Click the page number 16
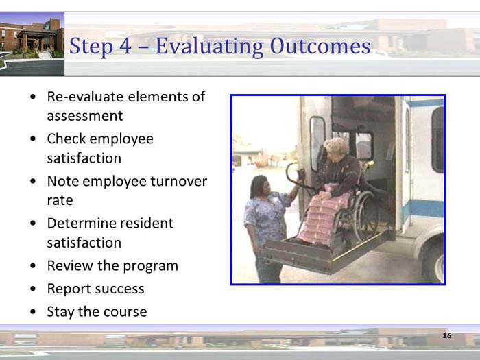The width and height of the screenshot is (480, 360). click(x=446, y=335)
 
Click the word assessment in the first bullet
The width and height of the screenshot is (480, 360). click(x=85, y=116)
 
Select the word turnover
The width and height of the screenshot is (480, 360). click(x=178, y=181)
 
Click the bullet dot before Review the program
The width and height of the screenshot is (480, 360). click(x=34, y=266)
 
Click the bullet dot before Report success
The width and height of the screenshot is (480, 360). click(x=34, y=289)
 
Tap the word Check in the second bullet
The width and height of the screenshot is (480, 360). click(x=66, y=139)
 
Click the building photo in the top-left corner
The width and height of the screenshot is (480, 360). click(x=32, y=43)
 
